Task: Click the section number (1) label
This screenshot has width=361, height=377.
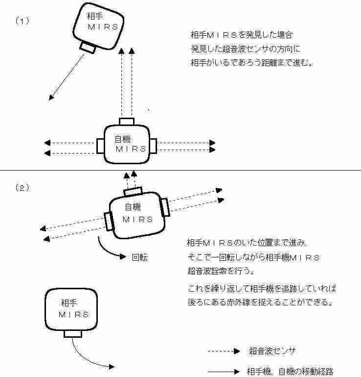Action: pos(23,21)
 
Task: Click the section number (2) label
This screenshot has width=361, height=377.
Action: pos(23,188)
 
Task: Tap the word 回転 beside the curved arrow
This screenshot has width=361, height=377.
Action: pos(140,257)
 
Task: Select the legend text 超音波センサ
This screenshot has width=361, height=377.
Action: pos(272,351)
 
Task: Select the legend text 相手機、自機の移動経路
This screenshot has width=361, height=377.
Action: pos(290,372)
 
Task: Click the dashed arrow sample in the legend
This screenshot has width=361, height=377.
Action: pos(224,352)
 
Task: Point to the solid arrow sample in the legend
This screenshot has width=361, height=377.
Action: pos(224,372)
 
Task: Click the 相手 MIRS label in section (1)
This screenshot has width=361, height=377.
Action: pos(103,22)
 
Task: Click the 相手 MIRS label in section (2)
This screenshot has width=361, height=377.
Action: pos(74,308)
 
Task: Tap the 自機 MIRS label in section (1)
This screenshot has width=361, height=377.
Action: pos(131,144)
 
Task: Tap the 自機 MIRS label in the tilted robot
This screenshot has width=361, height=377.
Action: pos(137,213)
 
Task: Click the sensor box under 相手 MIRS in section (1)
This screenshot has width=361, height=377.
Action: pos(88,48)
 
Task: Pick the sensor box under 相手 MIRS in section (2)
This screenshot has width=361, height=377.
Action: pos(73,334)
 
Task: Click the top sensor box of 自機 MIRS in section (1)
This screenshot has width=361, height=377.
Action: pos(127,122)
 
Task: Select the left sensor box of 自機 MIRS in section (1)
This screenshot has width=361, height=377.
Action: pos(100,146)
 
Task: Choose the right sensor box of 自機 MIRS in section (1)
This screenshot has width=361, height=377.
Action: pos(153,146)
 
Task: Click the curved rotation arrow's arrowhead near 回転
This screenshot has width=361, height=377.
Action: pos(123,256)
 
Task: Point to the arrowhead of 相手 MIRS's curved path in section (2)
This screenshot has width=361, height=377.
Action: pos(112,367)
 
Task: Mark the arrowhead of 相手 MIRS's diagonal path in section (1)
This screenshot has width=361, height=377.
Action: pos(51,98)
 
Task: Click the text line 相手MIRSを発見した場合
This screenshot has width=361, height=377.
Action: pos(242,35)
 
